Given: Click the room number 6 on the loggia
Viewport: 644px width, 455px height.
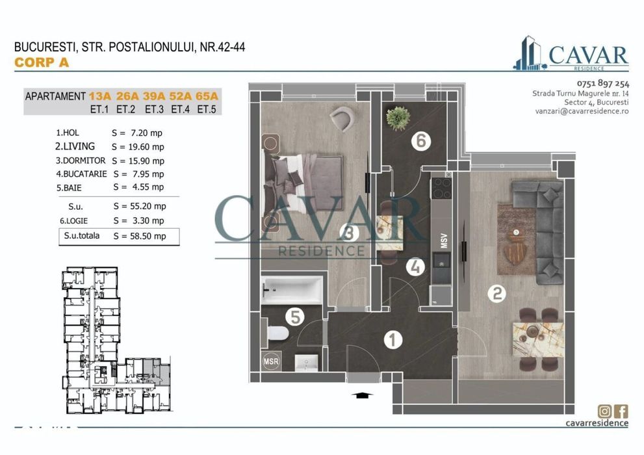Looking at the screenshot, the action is pos(421,140).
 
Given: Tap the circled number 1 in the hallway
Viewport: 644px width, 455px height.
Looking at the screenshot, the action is pos(393,339).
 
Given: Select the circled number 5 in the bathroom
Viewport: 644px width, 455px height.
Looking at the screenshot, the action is pos(295,317).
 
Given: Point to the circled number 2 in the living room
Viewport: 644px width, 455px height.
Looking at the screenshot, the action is pos(496,294).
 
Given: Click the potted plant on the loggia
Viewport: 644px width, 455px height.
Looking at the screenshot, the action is pos(398,118).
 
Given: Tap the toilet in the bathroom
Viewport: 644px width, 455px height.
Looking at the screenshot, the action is pos(276,333).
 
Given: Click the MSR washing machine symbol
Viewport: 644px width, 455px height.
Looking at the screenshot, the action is pos(270,361).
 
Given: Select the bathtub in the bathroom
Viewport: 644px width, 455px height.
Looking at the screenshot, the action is pos(292,290).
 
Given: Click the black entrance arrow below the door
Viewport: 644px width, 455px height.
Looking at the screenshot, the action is pos(362,395).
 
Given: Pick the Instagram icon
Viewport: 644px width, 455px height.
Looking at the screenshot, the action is pos(604,411).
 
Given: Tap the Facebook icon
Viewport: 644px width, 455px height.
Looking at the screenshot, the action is pos(621,411).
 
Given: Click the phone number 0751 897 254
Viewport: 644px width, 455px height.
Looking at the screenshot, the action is pos(602,83).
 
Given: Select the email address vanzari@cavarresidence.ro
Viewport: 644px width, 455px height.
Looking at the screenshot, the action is pos(582,111).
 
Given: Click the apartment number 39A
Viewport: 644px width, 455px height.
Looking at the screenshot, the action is pos(154,96).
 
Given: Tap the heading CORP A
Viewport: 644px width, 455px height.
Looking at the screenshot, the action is pos(42,62).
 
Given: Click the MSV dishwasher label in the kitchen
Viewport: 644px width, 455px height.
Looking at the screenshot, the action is pos(444,240).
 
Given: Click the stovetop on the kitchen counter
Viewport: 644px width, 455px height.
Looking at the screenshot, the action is pos(441,188).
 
